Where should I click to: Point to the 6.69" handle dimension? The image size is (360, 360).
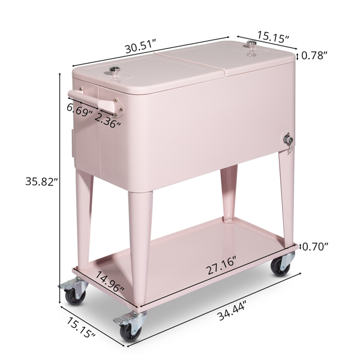[x=79, y=110]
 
